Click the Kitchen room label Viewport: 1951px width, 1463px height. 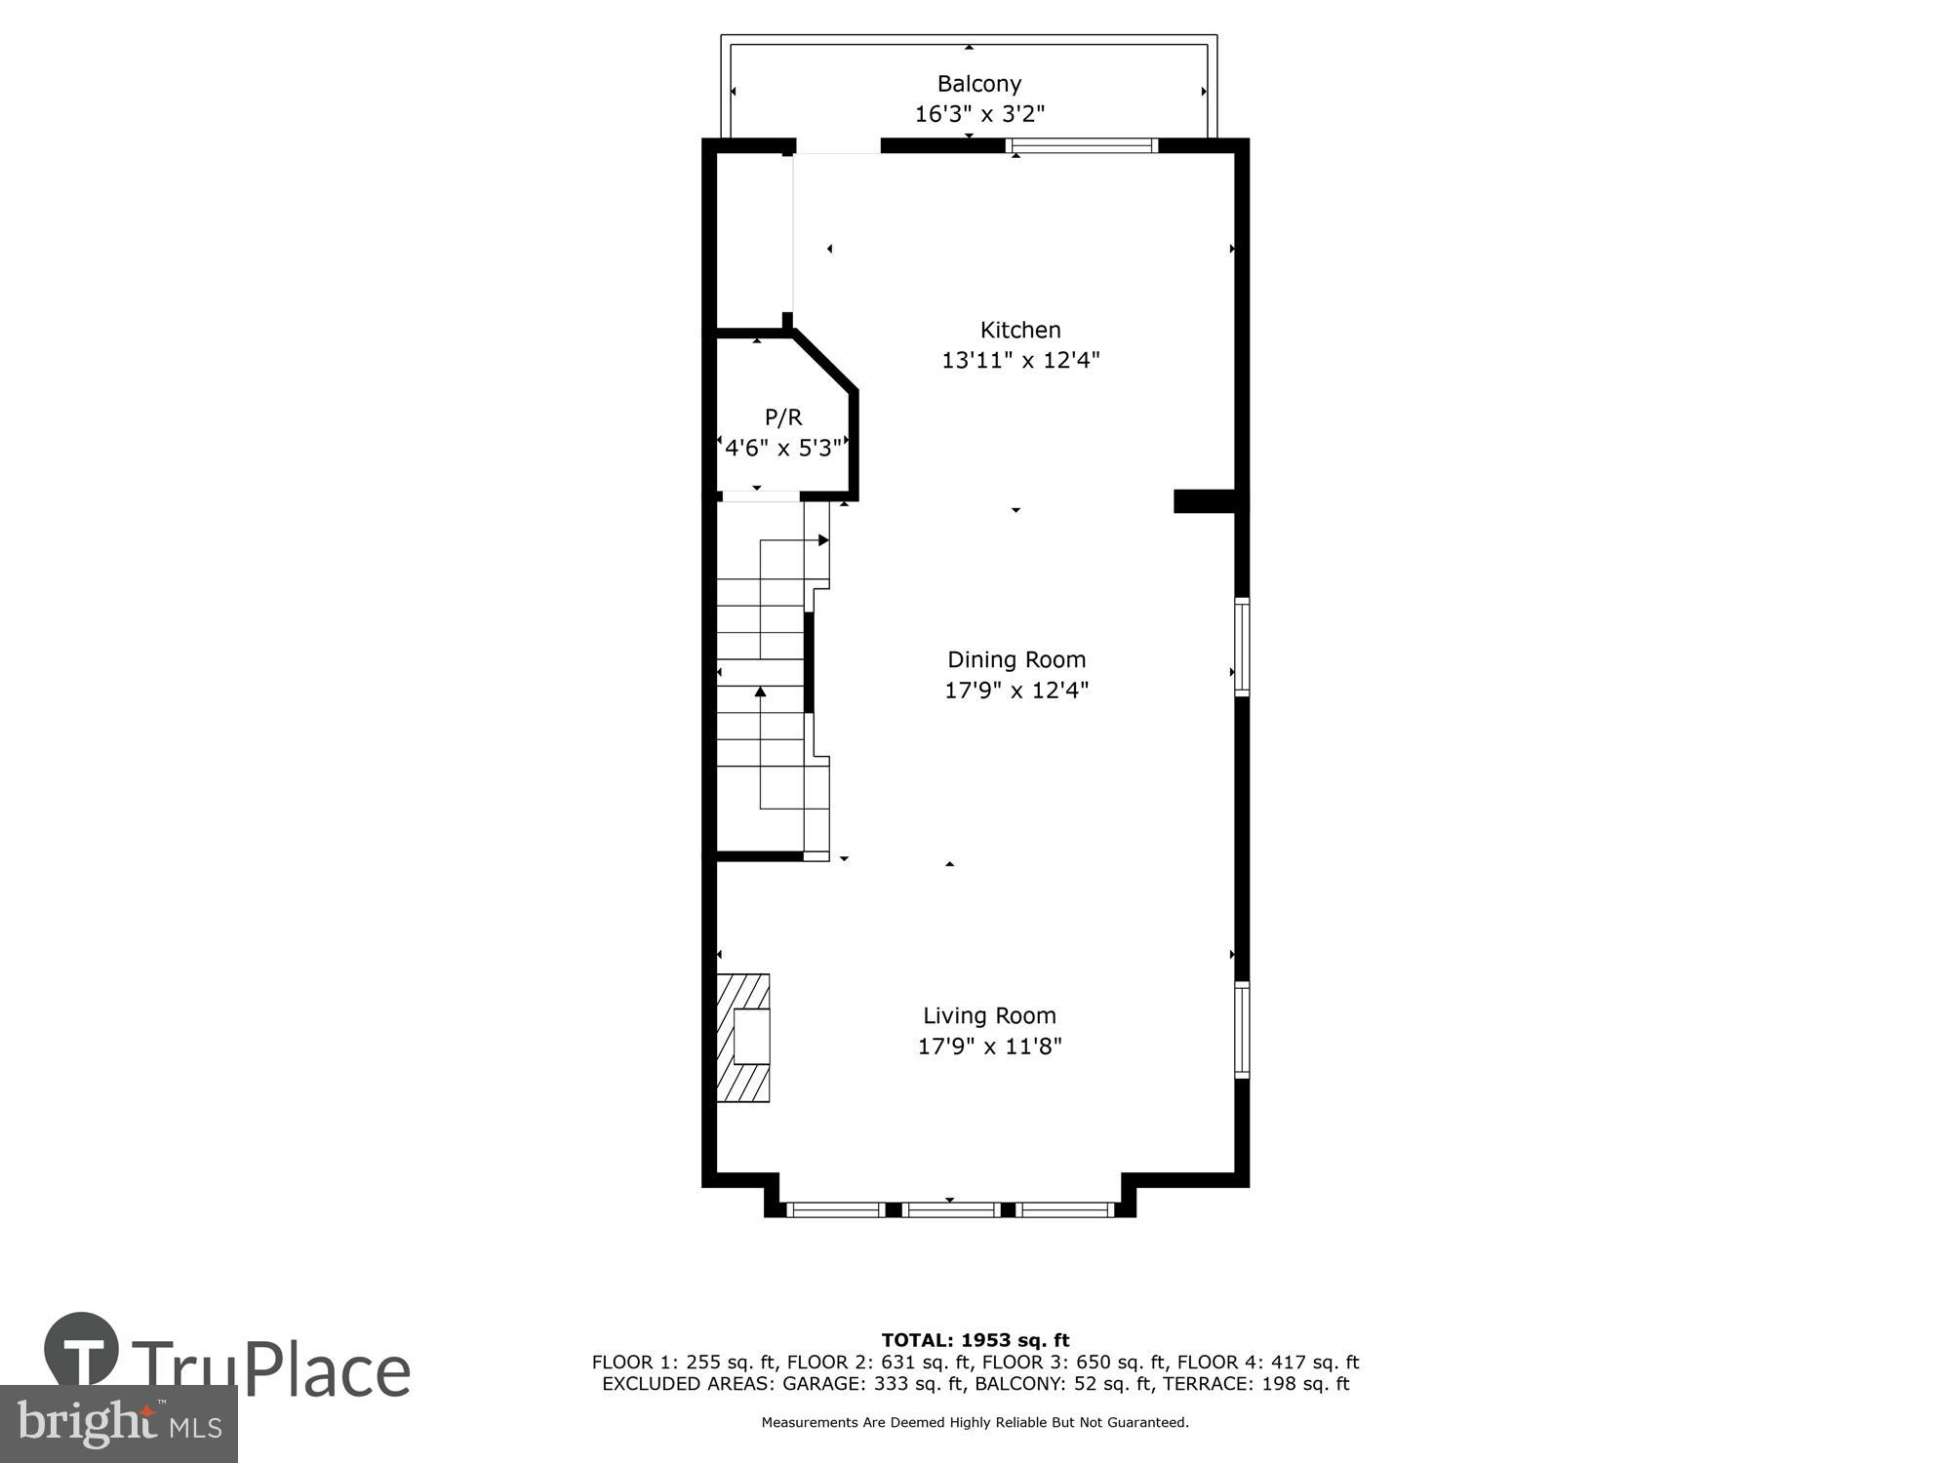pyautogui.click(x=1019, y=330)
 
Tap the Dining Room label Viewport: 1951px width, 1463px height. pyautogui.click(x=1016, y=659)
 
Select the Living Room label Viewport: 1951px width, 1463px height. pyautogui.click(x=989, y=1015)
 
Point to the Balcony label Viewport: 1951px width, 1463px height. pyautogui.click(x=978, y=84)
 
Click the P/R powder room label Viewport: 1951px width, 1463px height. pyautogui.click(x=783, y=417)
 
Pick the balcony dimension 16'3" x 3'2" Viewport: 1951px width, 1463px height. pyautogui.click(x=978, y=114)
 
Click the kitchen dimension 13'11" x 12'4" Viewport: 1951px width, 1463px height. pyautogui.click(x=1019, y=360)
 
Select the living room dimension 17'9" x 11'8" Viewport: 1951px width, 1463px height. pyautogui.click(x=989, y=1047)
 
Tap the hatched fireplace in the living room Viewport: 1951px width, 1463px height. pyautogui.click(x=743, y=1038)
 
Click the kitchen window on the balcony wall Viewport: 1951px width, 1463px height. pyautogui.click(x=1081, y=146)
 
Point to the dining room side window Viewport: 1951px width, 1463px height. pyautogui.click(x=1242, y=647)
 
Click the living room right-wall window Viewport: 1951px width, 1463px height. pyautogui.click(x=1242, y=1029)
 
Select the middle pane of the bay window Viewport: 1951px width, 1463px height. pyautogui.click(x=951, y=1209)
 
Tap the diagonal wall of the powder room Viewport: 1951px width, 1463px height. pyautogui.click(x=825, y=361)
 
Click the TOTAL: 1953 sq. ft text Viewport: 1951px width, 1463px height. pyautogui.click(x=975, y=1340)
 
